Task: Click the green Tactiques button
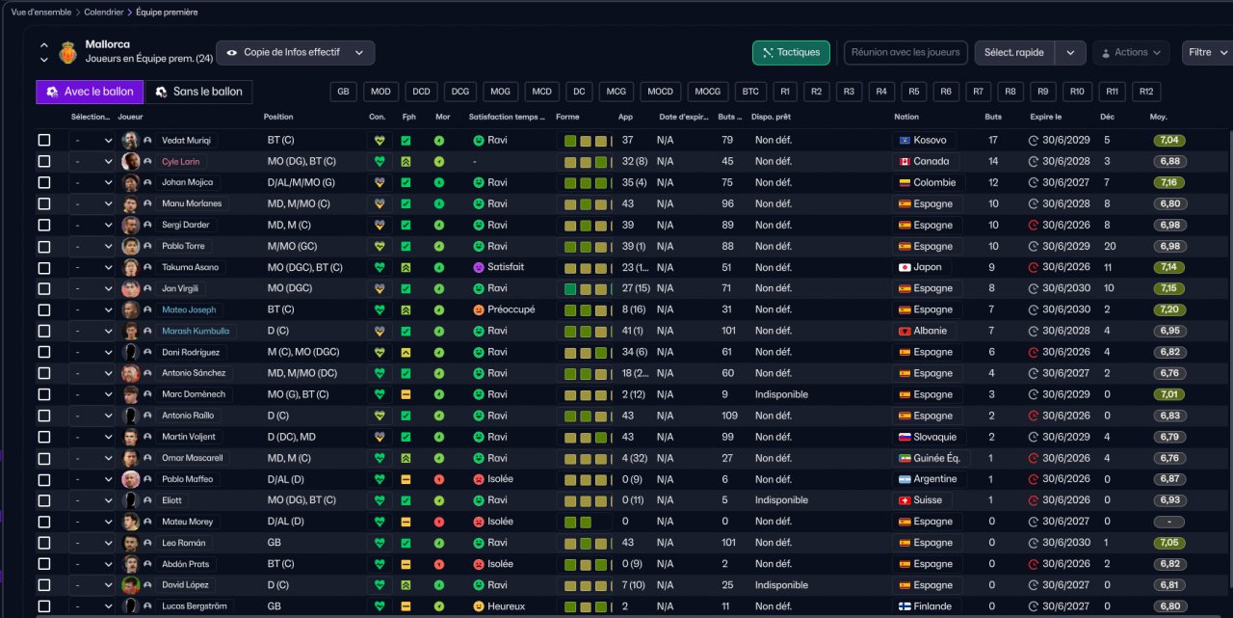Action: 791,53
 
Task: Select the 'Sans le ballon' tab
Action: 198,92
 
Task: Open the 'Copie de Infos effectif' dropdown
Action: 296,53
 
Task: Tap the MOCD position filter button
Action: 660,92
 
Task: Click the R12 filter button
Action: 1146,92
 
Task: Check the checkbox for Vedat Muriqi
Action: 44,141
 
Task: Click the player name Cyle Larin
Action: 180,161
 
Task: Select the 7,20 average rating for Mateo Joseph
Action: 1169,309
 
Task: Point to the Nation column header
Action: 906,117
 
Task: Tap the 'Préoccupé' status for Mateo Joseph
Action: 504,309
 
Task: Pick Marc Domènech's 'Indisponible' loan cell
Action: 781,394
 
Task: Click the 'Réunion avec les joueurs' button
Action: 905,53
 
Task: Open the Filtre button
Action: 1206,53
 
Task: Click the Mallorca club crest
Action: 68,53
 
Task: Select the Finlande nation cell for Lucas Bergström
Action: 926,606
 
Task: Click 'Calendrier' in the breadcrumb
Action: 103,13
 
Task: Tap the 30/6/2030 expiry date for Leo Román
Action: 1065,543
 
